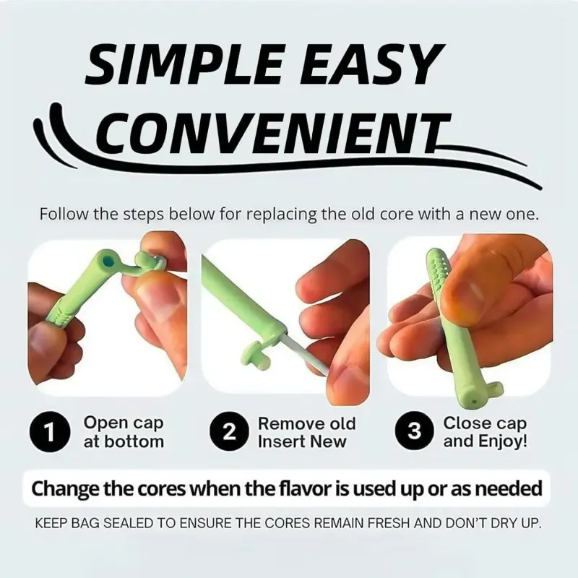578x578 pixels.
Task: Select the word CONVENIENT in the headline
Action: pos(275,133)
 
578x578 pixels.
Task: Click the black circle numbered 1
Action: pos(50,432)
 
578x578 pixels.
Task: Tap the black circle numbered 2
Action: pos(229,432)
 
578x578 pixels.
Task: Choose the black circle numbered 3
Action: pos(414,431)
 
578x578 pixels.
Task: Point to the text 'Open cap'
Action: pos(124,423)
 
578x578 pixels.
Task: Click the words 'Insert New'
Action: pos(302,441)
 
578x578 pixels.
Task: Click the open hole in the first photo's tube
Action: pos(108,262)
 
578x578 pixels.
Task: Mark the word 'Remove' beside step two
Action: pos(288,423)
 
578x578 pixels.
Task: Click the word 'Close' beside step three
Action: pos(465,423)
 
